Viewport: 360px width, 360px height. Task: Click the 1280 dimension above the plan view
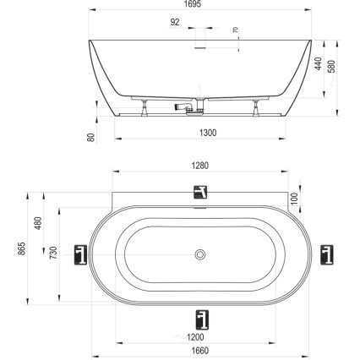tap(200, 166)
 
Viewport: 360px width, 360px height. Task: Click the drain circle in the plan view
tap(200, 253)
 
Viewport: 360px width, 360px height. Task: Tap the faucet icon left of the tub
tap(81, 254)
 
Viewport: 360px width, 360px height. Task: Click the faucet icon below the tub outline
tap(200, 319)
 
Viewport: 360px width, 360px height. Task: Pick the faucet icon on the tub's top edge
tap(200, 190)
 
